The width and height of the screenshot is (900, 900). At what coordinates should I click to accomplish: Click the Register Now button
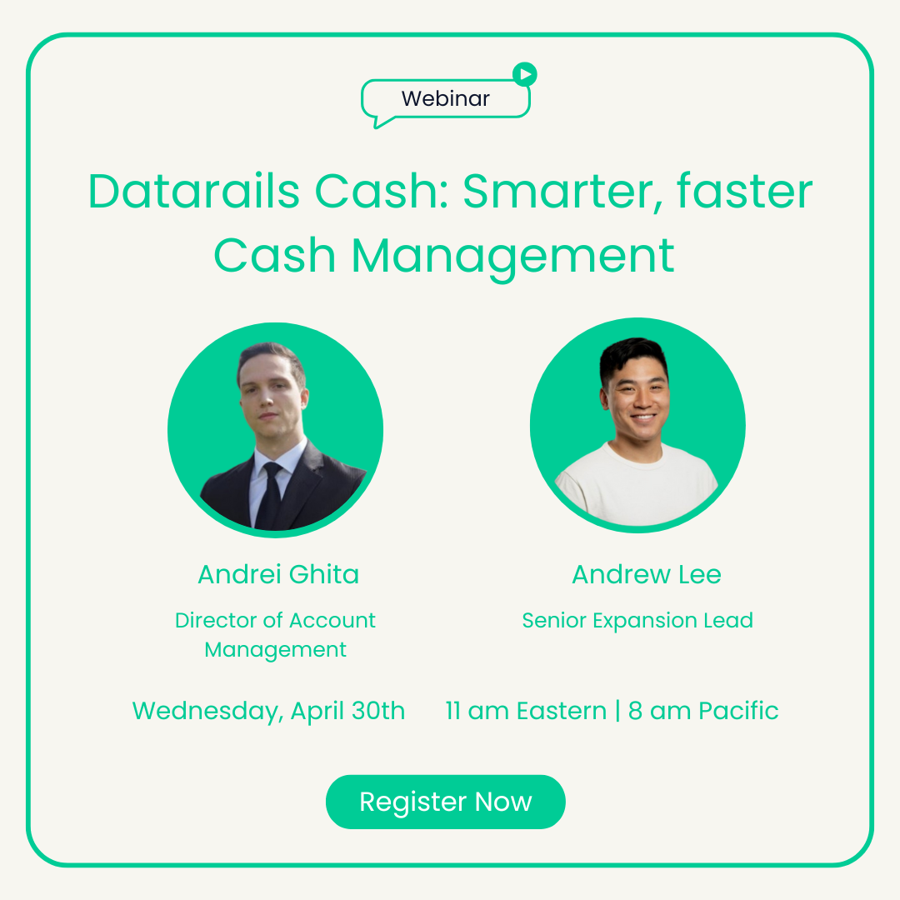click(x=445, y=802)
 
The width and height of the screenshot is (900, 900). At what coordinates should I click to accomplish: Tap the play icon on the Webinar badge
click(x=525, y=75)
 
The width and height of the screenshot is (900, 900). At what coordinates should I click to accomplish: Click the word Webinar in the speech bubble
click(x=445, y=98)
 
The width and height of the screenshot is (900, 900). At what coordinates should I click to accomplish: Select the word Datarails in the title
click(x=194, y=191)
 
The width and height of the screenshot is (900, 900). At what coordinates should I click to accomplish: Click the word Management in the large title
click(x=512, y=257)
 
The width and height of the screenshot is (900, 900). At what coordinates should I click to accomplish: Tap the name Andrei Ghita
click(x=278, y=574)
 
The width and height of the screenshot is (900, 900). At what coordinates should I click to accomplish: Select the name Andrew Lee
click(x=647, y=574)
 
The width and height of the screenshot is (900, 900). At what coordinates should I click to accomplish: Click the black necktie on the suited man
click(x=268, y=496)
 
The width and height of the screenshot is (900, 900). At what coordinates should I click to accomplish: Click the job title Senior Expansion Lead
click(x=637, y=621)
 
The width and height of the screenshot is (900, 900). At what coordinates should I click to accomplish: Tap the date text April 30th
click(x=347, y=711)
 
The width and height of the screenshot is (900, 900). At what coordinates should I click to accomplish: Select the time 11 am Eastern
click(x=526, y=711)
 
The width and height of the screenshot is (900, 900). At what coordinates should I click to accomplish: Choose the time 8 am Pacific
click(x=703, y=711)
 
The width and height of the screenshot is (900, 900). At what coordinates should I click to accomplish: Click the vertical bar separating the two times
click(x=617, y=711)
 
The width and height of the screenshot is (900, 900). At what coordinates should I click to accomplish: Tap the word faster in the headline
click(x=744, y=191)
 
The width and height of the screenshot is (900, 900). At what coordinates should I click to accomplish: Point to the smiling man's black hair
click(x=632, y=357)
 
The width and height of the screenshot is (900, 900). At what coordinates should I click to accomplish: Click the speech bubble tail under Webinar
click(x=381, y=121)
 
